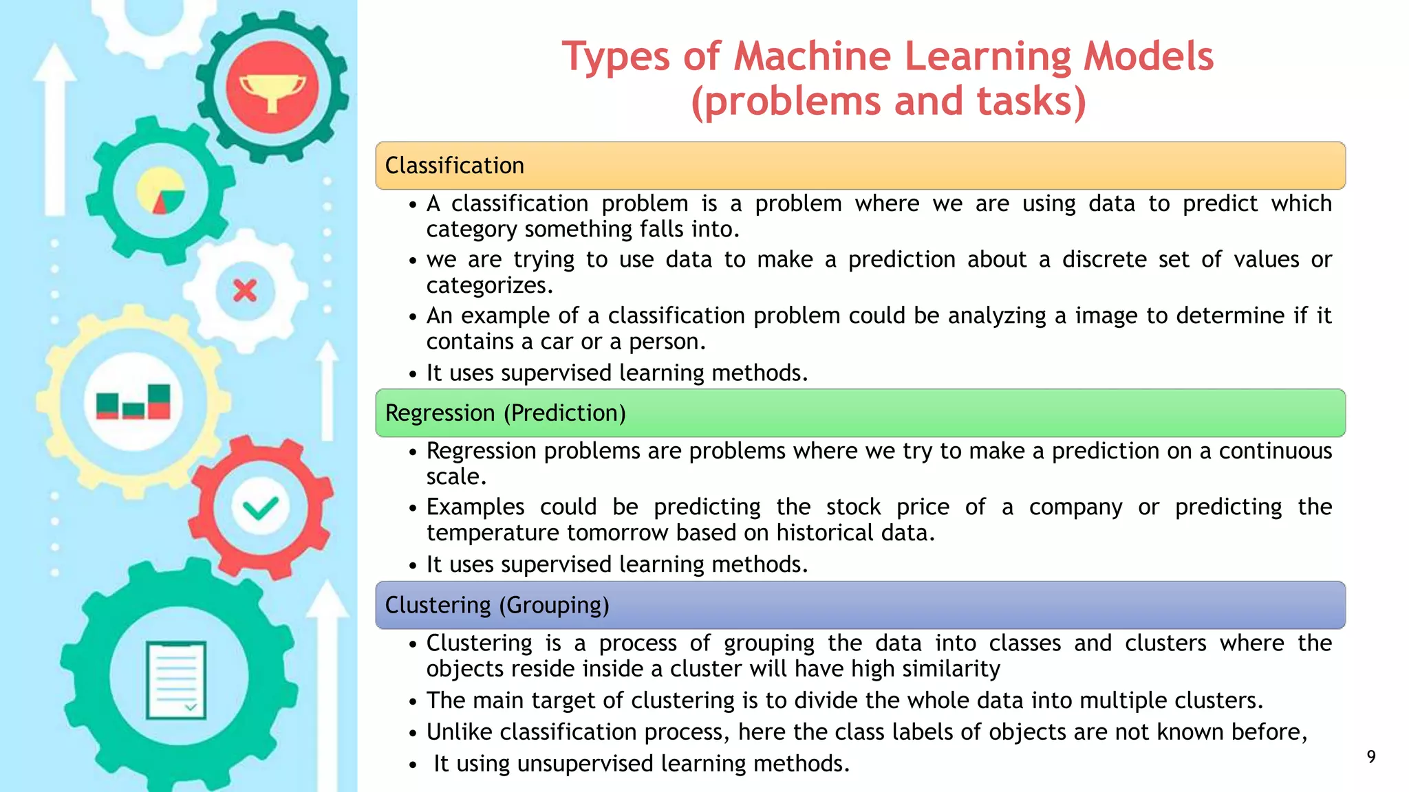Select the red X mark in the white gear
point(245,291)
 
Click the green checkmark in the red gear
point(260,508)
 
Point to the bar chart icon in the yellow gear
point(133,402)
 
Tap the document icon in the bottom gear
point(176,680)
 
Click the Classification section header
point(455,166)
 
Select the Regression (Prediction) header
point(506,413)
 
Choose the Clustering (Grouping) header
point(497,605)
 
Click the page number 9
point(1370,757)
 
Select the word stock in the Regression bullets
point(853,507)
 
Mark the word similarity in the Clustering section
point(951,669)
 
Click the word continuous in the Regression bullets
point(1276,451)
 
